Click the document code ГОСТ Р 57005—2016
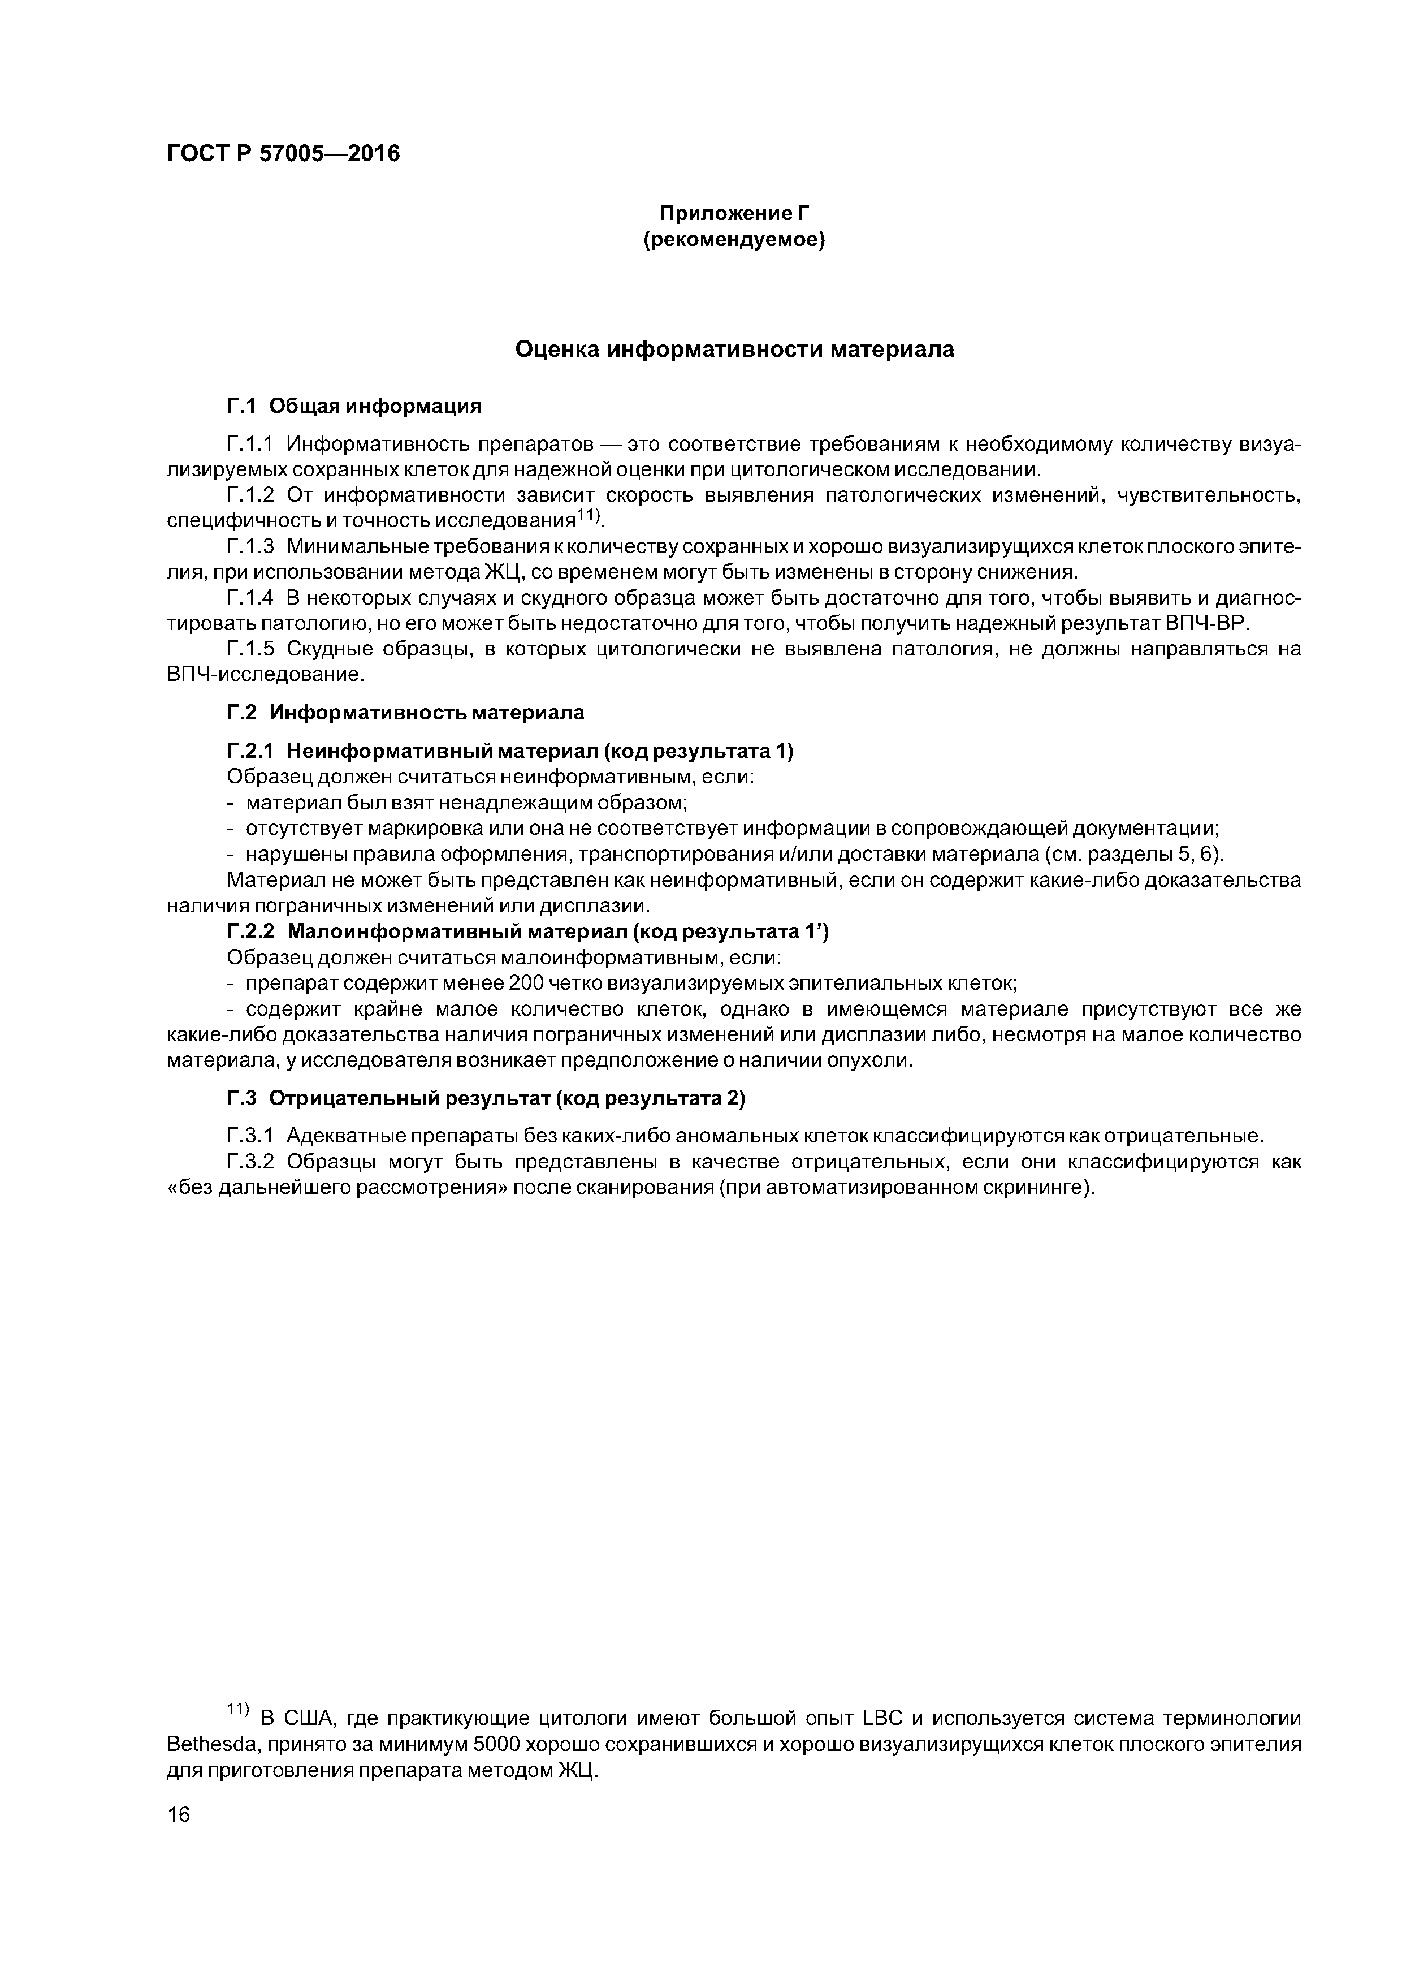[x=283, y=154]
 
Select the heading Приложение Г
[x=733, y=213]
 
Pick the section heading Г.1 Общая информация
[x=353, y=406]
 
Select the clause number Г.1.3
[x=250, y=547]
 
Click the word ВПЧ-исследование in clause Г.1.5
[x=266, y=674]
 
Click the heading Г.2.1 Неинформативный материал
[x=510, y=751]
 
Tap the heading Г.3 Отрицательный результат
[x=486, y=1098]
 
